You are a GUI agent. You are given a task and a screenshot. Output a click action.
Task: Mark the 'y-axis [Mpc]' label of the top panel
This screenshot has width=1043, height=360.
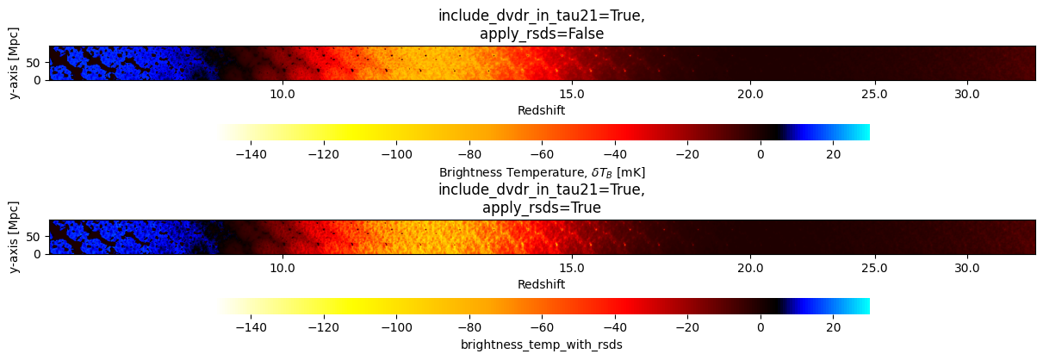click(16, 63)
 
